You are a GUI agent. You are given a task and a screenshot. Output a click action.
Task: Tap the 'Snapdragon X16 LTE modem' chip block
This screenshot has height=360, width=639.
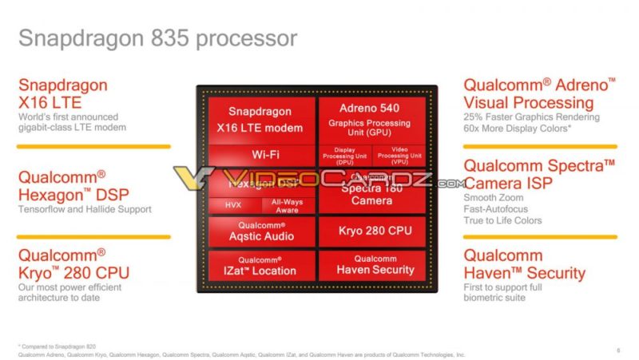point(260,120)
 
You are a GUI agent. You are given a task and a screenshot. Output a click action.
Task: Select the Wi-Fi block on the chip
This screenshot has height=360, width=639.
point(260,153)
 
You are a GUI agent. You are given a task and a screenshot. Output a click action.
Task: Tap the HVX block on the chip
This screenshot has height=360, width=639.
point(232,205)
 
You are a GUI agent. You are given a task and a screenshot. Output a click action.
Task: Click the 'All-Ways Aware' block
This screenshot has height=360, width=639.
point(287,205)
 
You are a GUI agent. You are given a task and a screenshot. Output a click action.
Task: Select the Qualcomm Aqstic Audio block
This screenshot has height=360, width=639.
point(260,231)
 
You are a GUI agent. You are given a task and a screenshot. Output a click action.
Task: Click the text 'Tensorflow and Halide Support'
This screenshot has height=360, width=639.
point(85,209)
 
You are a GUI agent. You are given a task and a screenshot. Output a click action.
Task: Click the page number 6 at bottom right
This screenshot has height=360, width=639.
point(618,349)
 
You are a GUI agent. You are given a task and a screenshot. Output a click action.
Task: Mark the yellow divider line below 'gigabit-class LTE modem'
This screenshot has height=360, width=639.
point(93,146)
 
